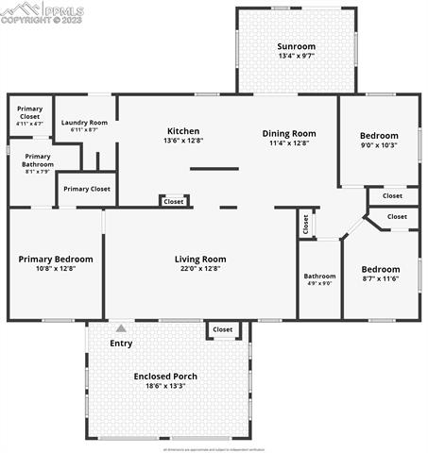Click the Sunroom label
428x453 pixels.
point(296,46)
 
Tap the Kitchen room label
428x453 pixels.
point(183,131)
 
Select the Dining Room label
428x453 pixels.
point(288,133)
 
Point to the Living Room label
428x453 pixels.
point(200,259)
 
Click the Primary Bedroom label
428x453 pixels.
point(56,259)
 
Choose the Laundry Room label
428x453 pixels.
point(84,123)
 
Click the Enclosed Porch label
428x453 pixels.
point(165,376)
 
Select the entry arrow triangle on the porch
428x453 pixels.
point(121,328)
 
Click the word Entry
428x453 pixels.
point(121,343)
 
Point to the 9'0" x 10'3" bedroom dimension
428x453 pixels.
point(378,144)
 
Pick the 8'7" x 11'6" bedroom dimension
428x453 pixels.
point(381,277)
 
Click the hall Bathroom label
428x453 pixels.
point(319,277)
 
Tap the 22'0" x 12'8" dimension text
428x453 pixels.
point(200,269)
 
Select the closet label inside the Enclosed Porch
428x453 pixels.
point(222,329)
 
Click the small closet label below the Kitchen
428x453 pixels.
point(174,201)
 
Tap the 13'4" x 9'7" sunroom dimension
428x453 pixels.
point(296,57)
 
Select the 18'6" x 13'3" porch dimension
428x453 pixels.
point(165,385)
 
